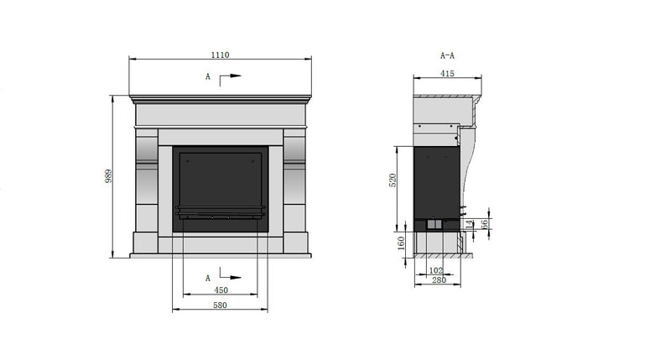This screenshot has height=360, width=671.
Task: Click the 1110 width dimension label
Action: point(220,55)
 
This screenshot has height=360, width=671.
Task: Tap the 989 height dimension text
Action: point(109,176)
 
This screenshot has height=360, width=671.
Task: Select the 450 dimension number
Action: point(221,290)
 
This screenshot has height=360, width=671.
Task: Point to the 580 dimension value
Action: point(220,305)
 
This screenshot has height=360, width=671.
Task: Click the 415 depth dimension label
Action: point(447,74)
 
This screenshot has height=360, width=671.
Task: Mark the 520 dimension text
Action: point(393,180)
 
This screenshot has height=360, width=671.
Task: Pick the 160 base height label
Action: point(401,243)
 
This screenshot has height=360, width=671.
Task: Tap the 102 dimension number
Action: point(435,270)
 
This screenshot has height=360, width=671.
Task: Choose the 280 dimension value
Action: point(439,280)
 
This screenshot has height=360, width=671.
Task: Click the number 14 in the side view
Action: point(471,224)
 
